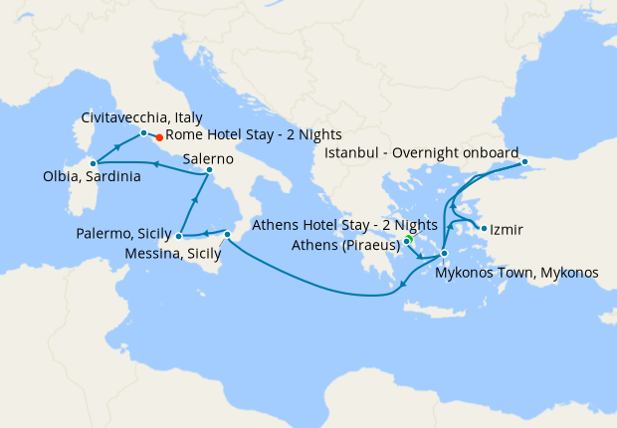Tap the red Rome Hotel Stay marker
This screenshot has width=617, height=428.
(159, 137)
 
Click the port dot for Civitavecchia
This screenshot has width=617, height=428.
(144, 132)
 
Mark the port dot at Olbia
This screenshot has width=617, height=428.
(93, 162)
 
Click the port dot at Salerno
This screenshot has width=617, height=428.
(209, 170)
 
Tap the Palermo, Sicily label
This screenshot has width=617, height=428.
(123, 234)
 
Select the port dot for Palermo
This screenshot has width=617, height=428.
(178, 237)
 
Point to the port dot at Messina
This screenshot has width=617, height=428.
(228, 235)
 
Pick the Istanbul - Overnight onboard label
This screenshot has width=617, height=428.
(422, 153)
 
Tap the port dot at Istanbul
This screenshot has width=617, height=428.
(525, 160)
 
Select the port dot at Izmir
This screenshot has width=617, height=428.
(484, 229)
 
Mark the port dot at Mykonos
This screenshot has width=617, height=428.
(444, 253)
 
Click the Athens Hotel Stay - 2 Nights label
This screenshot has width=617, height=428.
(345, 225)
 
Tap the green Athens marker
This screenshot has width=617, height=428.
(409, 240)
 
